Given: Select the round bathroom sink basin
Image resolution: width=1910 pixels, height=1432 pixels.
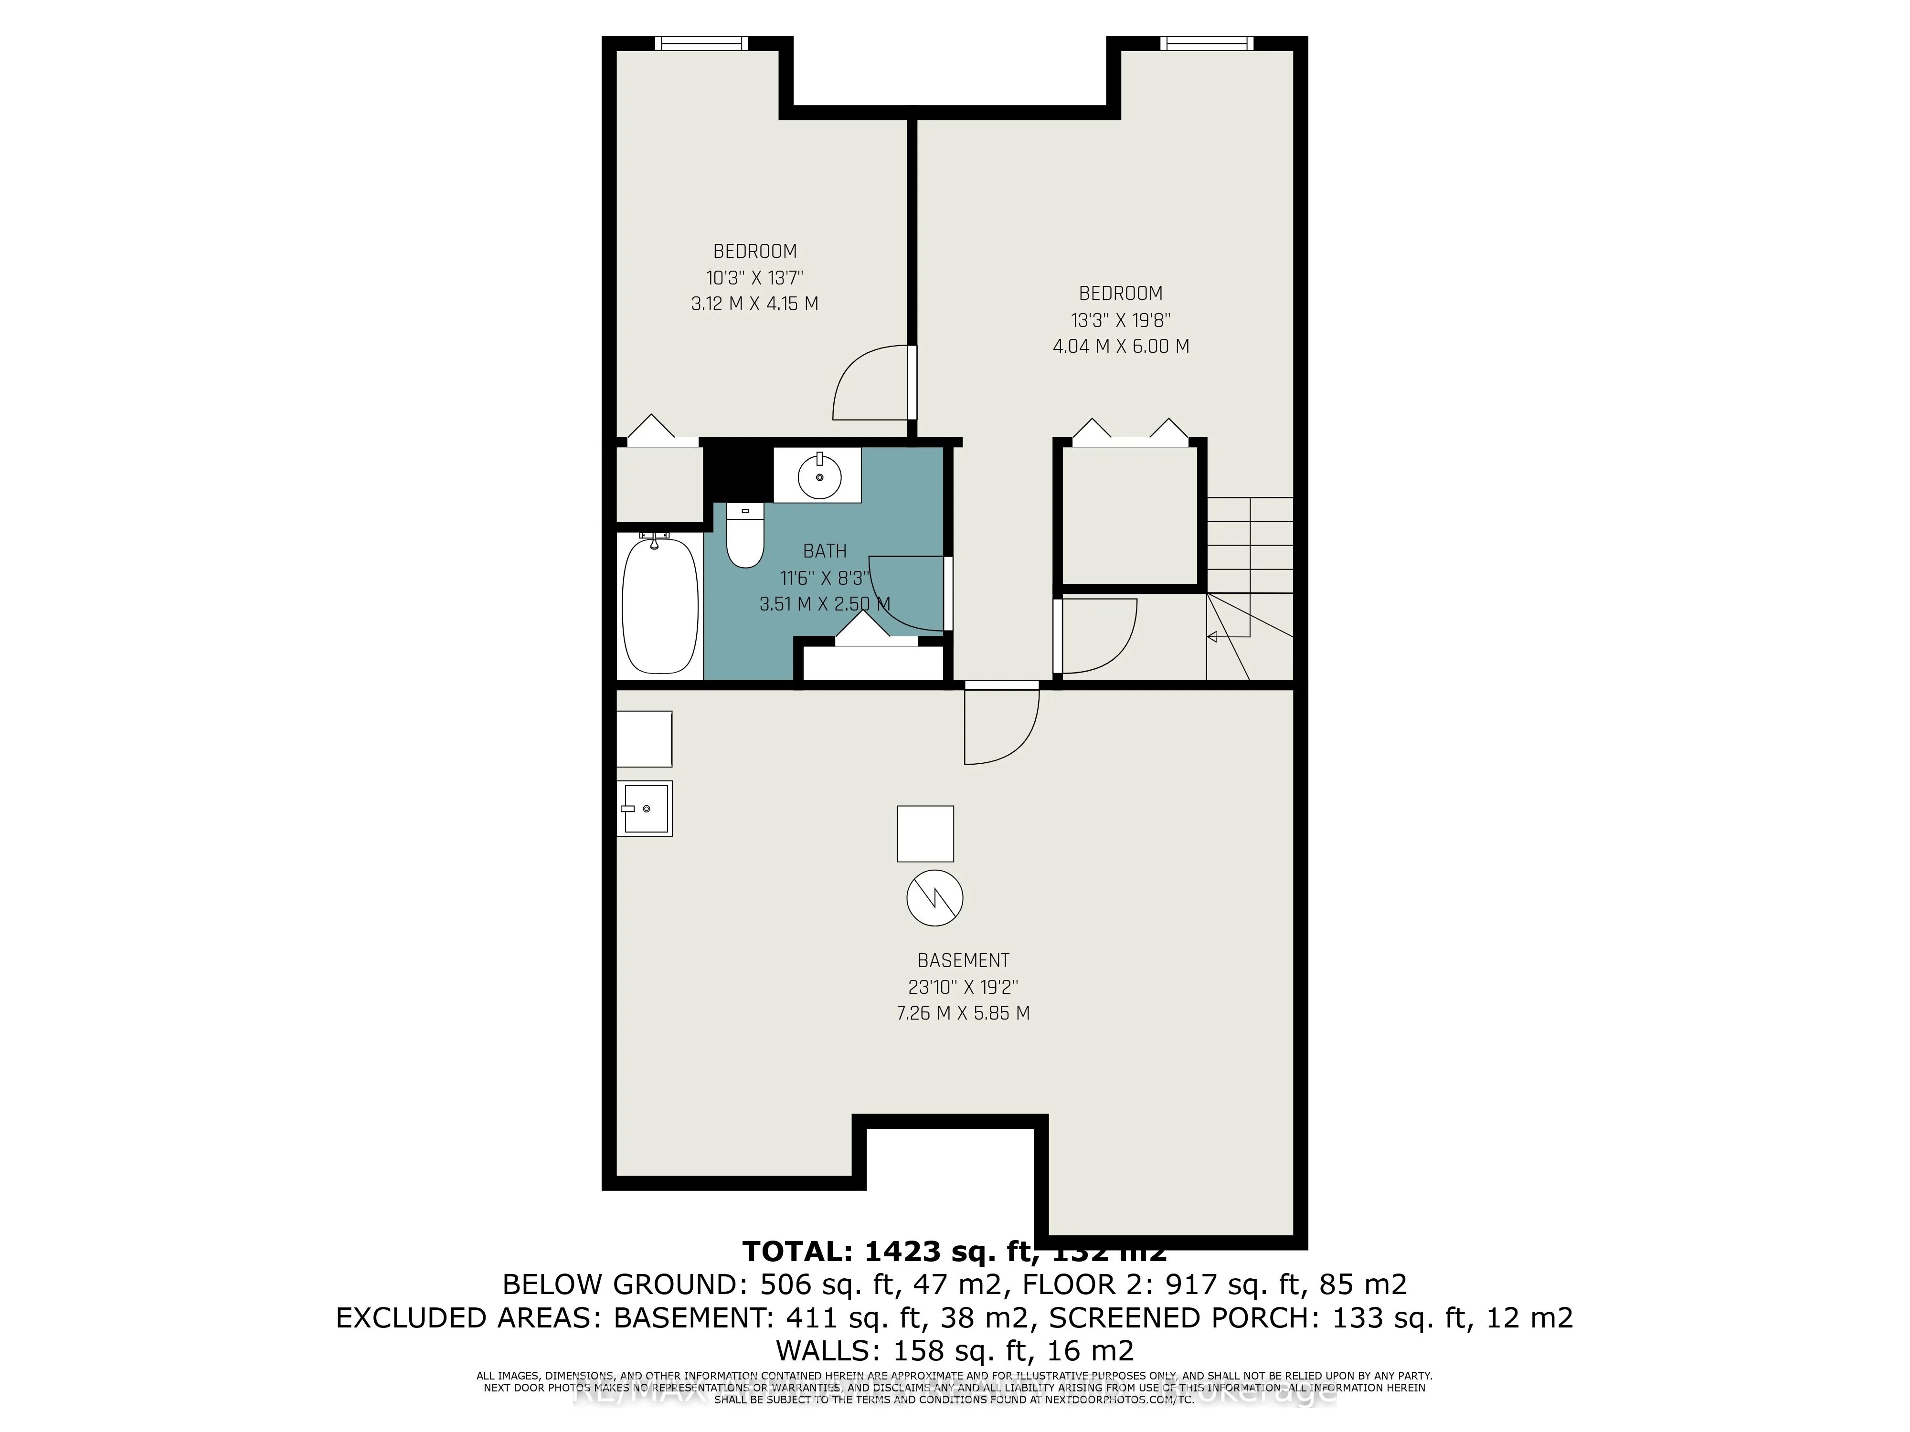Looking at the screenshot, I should [x=818, y=475].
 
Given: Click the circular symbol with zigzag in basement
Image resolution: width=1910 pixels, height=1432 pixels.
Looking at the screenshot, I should [x=934, y=898].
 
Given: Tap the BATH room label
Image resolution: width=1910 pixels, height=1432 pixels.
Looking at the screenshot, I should [x=825, y=551].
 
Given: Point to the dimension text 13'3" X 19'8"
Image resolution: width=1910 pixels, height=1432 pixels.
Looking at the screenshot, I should [x=1120, y=320].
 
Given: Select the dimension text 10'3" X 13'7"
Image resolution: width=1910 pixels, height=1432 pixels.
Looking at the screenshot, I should [x=754, y=278].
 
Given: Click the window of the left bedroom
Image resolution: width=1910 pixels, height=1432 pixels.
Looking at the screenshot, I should [x=701, y=43].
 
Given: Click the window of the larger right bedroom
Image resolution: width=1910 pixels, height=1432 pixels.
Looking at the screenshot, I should [x=1206, y=43].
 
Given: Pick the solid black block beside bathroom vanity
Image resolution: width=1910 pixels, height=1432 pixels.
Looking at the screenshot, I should [x=736, y=471].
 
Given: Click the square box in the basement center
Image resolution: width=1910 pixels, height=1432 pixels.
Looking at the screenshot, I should [x=925, y=834].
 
